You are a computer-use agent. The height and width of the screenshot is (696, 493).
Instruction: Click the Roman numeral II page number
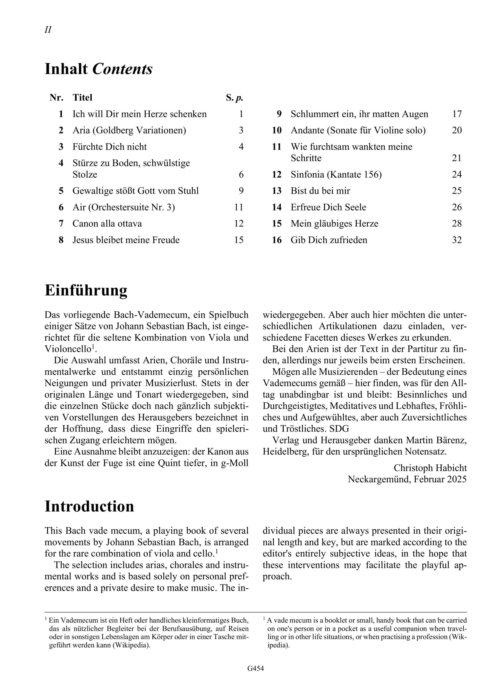(48, 30)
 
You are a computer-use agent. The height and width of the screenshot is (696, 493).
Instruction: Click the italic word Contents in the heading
(122, 69)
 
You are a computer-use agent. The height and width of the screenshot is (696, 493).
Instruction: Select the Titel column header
(82, 98)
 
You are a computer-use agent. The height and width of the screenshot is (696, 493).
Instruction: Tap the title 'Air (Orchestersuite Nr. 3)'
(124, 207)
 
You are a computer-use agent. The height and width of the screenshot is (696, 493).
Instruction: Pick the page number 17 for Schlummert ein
(457, 114)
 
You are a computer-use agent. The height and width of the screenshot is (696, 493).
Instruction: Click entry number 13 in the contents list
(277, 191)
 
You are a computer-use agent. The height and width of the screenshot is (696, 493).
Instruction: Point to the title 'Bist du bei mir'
(320, 191)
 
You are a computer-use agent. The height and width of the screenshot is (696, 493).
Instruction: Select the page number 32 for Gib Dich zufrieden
(457, 240)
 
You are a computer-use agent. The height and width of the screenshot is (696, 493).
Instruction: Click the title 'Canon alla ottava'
(107, 224)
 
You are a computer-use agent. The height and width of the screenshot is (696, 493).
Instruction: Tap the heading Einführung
(86, 290)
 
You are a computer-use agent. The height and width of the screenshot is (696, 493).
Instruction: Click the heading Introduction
(89, 507)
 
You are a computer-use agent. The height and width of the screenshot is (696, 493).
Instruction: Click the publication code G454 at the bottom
(255, 677)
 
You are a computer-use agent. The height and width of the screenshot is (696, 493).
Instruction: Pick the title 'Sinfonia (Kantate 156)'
(336, 175)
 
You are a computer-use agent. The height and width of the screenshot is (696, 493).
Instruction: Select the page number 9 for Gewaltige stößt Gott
(241, 191)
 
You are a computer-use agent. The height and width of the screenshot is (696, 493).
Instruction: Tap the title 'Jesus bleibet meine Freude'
(126, 240)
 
